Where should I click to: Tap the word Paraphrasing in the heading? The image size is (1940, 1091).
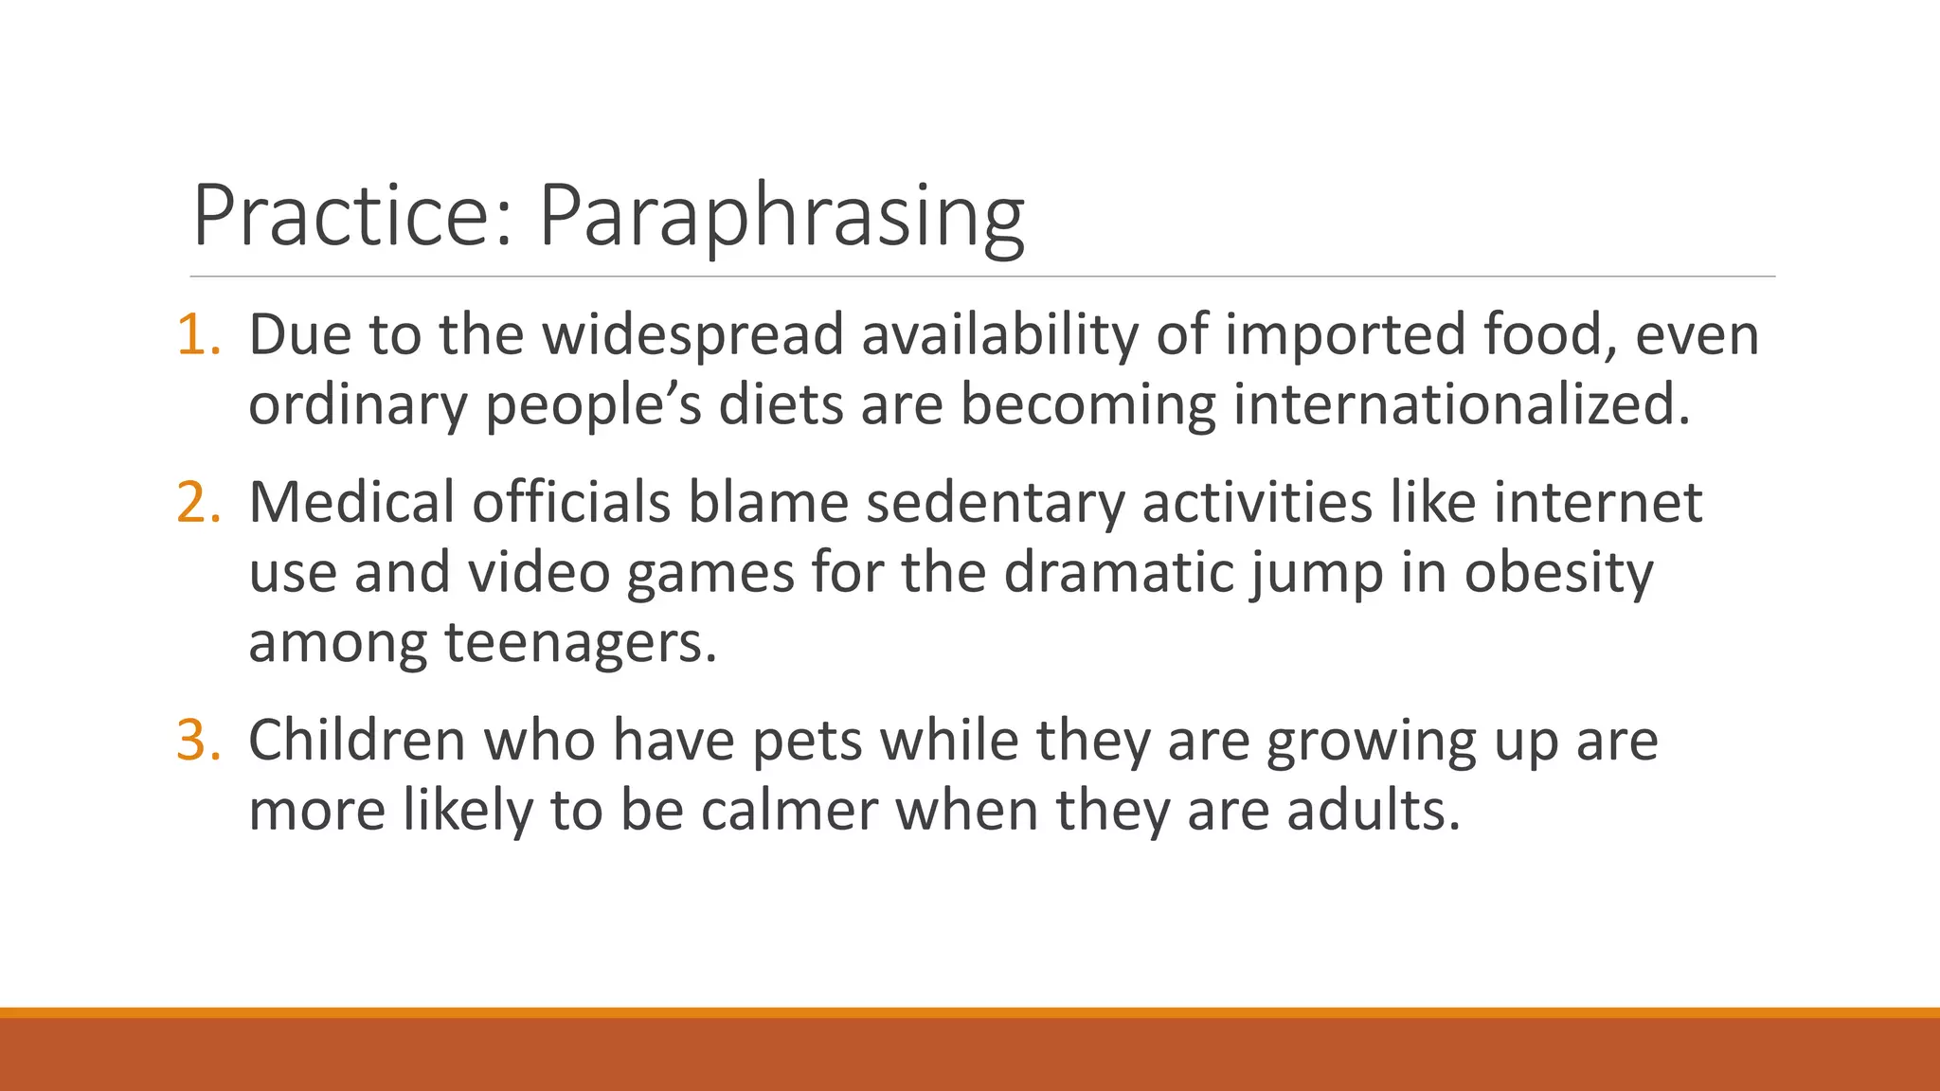pyautogui.click(x=781, y=216)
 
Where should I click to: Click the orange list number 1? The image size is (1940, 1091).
pyautogui.click(x=197, y=334)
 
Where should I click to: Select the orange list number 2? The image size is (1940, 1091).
pyautogui.click(x=197, y=502)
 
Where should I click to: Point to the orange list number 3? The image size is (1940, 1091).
pyautogui.click(x=197, y=740)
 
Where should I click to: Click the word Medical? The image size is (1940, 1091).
pyautogui.click(x=351, y=502)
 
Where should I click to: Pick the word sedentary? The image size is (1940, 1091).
pyautogui.click(x=995, y=502)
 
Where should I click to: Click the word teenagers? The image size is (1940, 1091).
pyautogui.click(x=581, y=643)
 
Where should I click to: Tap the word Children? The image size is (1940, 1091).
pyautogui.click(x=357, y=740)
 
